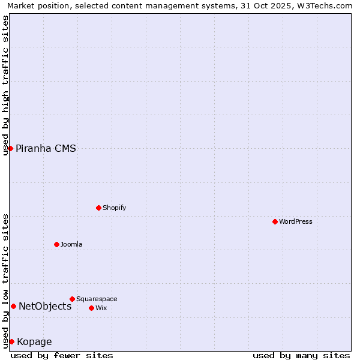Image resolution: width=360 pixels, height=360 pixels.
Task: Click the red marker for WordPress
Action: pos(275,221)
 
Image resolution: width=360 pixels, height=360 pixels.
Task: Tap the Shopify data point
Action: pos(98,208)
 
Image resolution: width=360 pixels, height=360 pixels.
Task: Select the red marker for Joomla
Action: pos(56,244)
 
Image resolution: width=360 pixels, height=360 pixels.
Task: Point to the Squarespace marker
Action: pos(72,299)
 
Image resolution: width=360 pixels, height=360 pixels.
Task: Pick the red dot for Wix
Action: pos(91,308)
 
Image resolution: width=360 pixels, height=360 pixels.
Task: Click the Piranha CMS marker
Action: pos(10,148)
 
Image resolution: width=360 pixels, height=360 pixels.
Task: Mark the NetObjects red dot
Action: pos(13,306)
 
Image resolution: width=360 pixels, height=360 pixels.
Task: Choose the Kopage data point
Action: pos(11,341)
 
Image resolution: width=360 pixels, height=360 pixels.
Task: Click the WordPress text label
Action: pos(296,222)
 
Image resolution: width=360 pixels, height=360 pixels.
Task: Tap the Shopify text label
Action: pos(114,208)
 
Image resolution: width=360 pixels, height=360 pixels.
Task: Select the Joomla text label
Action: pos(71,245)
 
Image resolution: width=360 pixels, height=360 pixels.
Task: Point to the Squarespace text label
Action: pos(97,299)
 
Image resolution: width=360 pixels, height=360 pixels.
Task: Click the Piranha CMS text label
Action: pos(46,149)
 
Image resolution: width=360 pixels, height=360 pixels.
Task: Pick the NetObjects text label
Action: pos(45,307)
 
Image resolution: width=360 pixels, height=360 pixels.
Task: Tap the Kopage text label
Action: pos(34,342)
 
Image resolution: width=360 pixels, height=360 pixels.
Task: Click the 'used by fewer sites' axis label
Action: pos(62,355)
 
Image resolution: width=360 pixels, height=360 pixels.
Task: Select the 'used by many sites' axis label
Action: pos(301,355)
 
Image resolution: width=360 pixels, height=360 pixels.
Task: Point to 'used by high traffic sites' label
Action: pos(5,85)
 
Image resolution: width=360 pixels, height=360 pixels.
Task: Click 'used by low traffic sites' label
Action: pos(5,281)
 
